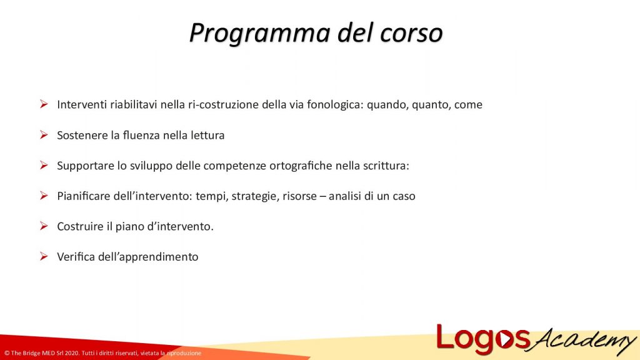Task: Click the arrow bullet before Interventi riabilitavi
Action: tap(44, 104)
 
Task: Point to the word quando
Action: tap(387, 105)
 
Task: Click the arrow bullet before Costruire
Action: tap(44, 226)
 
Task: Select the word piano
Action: tap(146, 227)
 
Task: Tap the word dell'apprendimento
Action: tap(148, 257)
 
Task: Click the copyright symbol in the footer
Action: tap(6, 354)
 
